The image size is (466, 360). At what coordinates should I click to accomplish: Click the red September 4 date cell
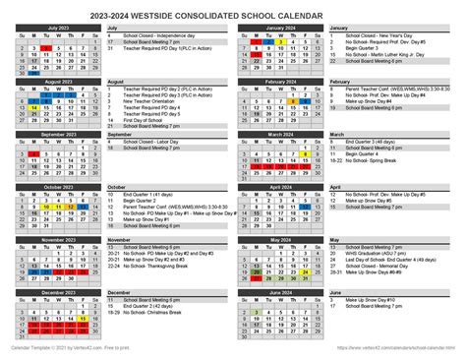(32, 152)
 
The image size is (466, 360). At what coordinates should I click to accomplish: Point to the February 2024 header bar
(281, 82)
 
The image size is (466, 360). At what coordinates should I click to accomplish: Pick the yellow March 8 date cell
(306, 152)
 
